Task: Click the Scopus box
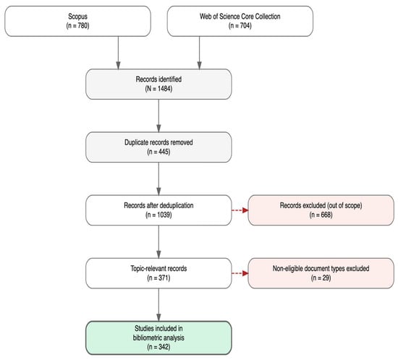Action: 77,21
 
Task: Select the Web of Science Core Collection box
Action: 240,21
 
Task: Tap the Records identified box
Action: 158,84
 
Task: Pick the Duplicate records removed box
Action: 158,147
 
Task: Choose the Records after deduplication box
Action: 158,210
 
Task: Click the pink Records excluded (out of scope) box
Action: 321,210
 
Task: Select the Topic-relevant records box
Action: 158,273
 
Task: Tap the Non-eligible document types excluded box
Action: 321,273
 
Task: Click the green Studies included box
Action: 158,338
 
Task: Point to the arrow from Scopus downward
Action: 118,53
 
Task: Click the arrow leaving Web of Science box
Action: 200,53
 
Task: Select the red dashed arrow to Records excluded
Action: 240,210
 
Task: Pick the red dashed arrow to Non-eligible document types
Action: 240,273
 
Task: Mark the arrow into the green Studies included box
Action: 158,305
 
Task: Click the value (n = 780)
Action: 77,26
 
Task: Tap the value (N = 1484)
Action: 158,89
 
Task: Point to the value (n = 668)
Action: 321,215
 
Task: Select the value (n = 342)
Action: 158,347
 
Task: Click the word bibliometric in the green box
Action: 147,338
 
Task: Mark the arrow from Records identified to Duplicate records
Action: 158,116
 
